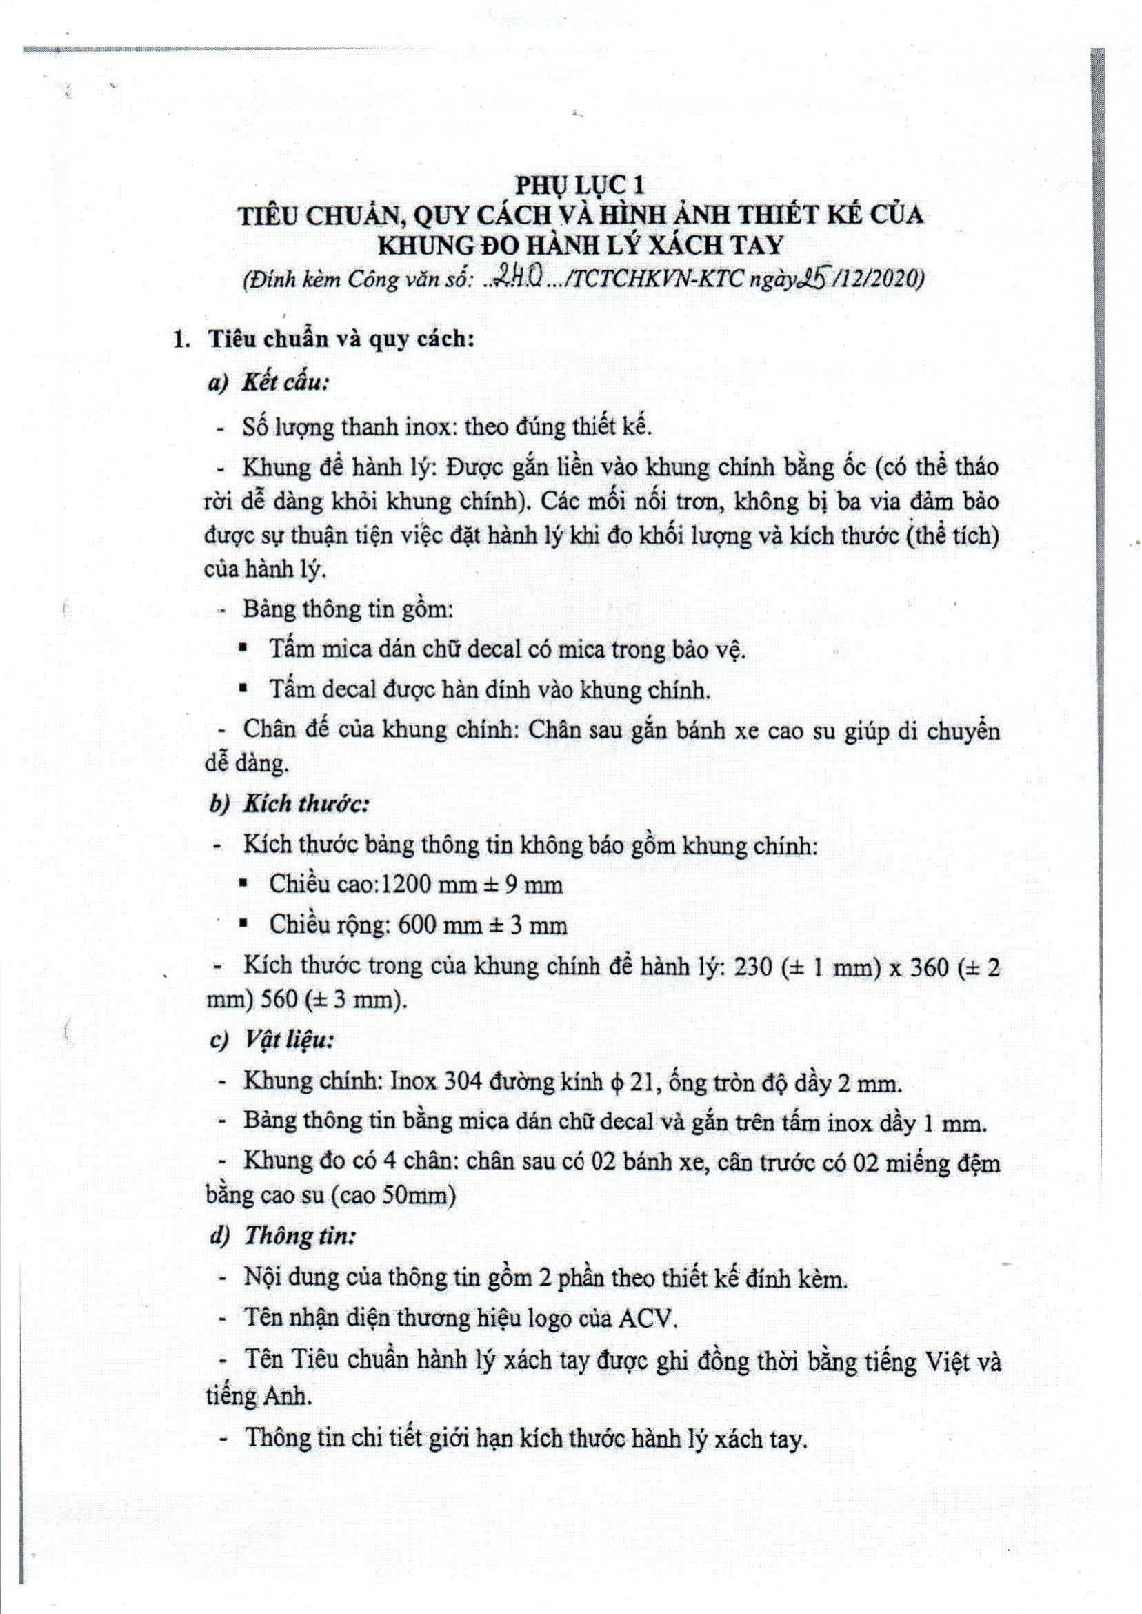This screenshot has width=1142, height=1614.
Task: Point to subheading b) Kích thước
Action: pos(289,805)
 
